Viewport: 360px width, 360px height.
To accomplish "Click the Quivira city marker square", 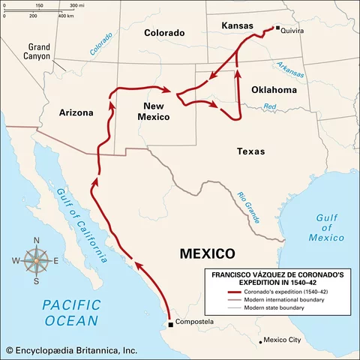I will [277, 29].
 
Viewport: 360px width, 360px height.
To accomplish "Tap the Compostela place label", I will [194, 322].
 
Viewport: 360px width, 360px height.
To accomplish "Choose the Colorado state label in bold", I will [164, 33].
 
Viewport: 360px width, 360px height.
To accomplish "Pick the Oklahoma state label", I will [274, 89].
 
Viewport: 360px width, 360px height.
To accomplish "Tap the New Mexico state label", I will [154, 111].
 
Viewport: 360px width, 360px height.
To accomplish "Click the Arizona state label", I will [76, 113].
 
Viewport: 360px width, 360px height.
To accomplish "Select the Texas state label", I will [250, 151].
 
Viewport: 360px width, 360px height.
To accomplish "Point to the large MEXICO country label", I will [208, 253].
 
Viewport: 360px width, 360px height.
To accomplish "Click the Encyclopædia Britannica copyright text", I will [70, 349].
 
